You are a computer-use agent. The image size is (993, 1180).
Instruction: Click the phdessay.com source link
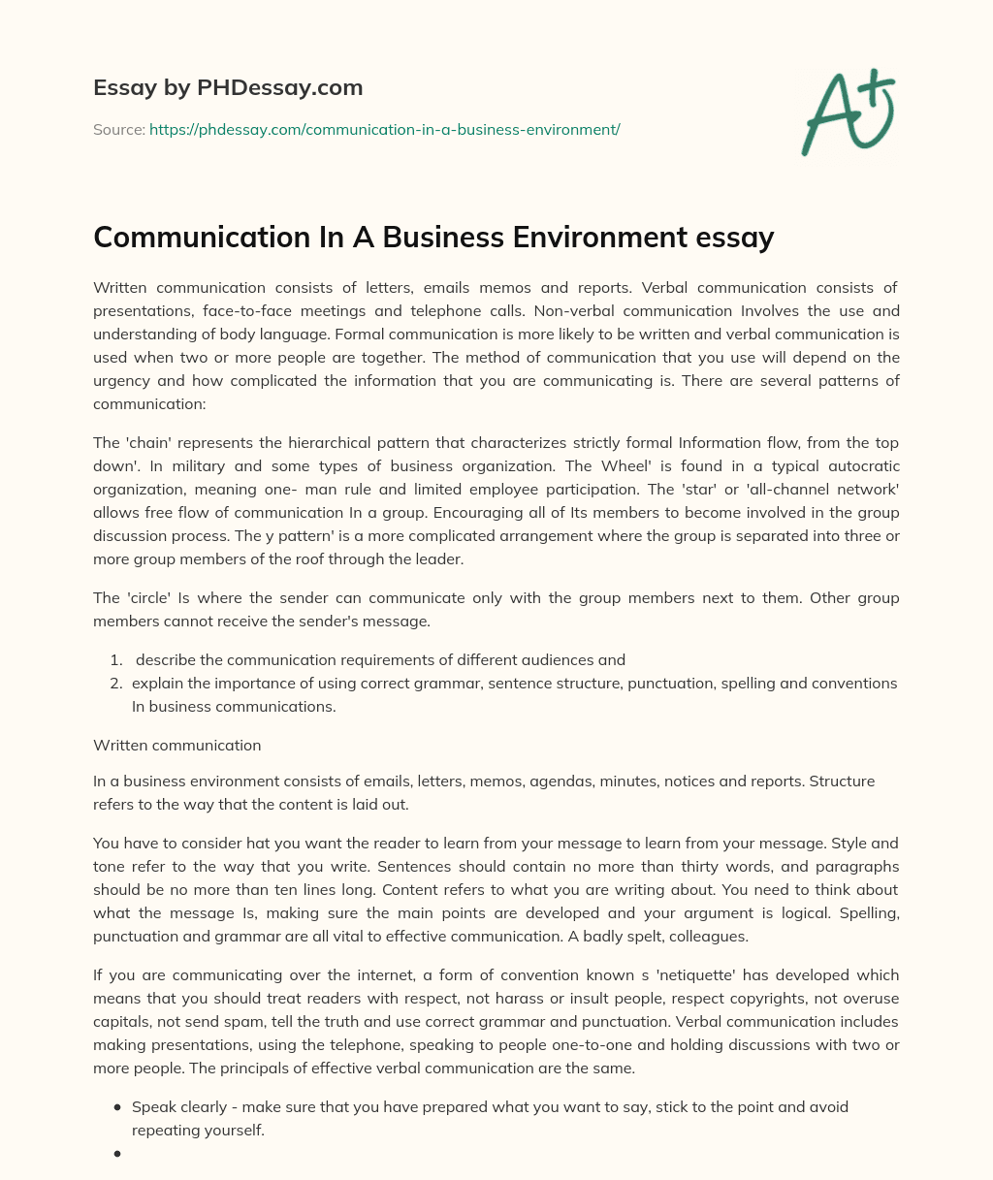(384, 128)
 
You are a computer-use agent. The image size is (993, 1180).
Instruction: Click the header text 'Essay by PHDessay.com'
(228, 87)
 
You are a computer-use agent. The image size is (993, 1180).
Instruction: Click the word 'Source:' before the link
(118, 128)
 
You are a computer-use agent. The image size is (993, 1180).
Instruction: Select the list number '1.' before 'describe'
(115, 660)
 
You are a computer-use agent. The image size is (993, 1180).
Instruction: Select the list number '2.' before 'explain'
(115, 684)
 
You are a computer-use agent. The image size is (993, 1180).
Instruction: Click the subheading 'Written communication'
(177, 746)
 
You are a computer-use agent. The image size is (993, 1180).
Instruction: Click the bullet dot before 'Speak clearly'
(117, 1107)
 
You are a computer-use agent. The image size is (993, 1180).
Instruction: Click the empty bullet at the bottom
(117, 1154)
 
